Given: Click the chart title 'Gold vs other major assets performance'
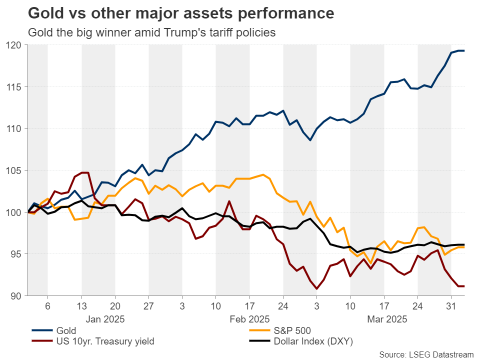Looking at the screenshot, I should click(x=181, y=13).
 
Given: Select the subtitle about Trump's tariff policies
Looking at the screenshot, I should click(x=151, y=33).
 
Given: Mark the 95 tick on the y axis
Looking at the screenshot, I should click(x=16, y=254).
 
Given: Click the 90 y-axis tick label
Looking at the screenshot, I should click(x=16, y=296).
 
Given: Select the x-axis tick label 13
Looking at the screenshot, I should click(x=81, y=305).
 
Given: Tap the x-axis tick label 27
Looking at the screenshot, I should click(x=148, y=305).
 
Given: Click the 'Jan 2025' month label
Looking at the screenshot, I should click(x=105, y=318).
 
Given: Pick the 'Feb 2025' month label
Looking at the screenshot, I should click(x=249, y=318).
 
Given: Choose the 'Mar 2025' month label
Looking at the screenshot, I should click(x=387, y=318).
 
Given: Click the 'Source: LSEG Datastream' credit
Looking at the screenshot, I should click(x=425, y=354).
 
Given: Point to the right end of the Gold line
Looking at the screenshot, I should click(x=464, y=51).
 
